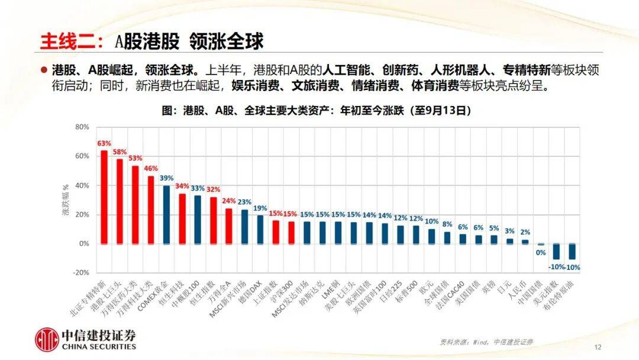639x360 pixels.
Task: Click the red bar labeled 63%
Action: tap(104, 197)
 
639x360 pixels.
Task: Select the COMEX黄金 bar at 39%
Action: tap(166, 214)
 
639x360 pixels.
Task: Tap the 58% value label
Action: tap(120, 152)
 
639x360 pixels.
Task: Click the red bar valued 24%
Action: tap(228, 226)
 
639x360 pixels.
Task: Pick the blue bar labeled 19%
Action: tap(260, 229)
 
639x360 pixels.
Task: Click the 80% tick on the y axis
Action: tap(82, 127)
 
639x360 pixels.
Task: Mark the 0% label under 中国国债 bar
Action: tap(540, 252)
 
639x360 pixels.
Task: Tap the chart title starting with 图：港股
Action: tap(319, 110)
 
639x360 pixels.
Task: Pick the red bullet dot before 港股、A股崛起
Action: tap(43, 70)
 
